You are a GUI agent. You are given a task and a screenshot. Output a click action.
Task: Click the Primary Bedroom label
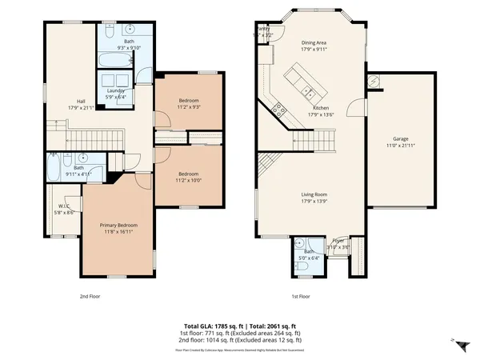click(118, 226)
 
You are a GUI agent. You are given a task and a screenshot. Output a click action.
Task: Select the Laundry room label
click(117, 91)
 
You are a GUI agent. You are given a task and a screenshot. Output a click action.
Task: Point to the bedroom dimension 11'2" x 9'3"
click(189, 106)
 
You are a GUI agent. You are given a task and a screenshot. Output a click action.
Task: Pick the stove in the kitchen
click(278, 108)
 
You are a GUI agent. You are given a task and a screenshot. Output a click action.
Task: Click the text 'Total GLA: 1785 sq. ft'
click(213, 326)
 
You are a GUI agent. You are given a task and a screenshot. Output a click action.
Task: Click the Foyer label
click(338, 240)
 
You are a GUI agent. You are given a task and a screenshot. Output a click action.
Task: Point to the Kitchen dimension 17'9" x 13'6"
click(320, 114)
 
